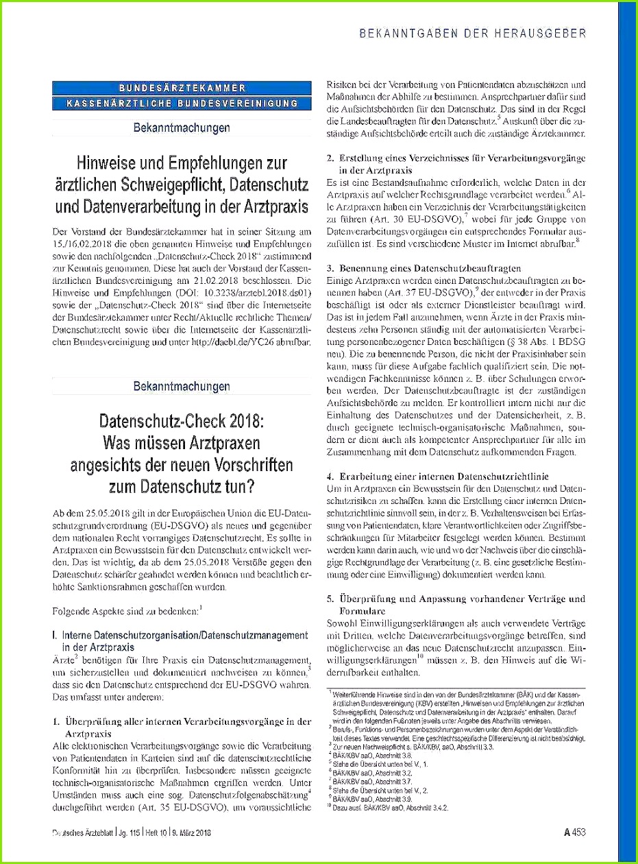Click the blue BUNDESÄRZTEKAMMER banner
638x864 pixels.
pos(182,88)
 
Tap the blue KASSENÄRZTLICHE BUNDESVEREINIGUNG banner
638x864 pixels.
pos(182,103)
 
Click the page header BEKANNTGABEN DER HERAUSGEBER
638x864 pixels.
pos(474,32)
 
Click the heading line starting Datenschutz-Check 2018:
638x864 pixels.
pos(182,420)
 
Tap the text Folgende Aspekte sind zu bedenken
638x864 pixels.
pos(125,610)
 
